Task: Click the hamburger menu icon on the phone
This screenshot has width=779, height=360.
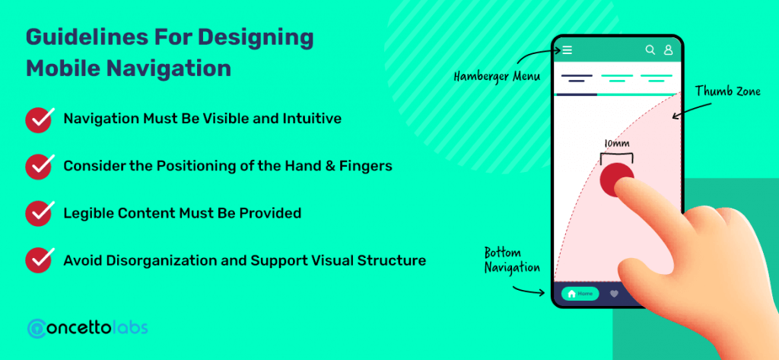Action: point(568,50)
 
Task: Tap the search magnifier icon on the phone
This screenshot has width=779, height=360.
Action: point(650,50)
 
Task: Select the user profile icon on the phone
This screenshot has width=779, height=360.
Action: point(668,50)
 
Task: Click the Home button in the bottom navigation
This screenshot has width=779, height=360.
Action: point(580,293)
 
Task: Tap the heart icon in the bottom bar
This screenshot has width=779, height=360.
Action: point(615,293)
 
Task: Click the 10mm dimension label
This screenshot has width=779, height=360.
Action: point(617,143)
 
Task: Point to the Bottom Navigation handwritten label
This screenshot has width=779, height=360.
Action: point(512,260)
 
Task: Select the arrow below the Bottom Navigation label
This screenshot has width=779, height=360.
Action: point(529,290)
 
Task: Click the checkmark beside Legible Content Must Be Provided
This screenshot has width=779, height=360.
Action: point(39,213)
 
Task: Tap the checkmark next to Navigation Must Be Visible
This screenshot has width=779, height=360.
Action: point(39,119)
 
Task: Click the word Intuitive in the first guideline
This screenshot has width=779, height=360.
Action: point(310,119)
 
